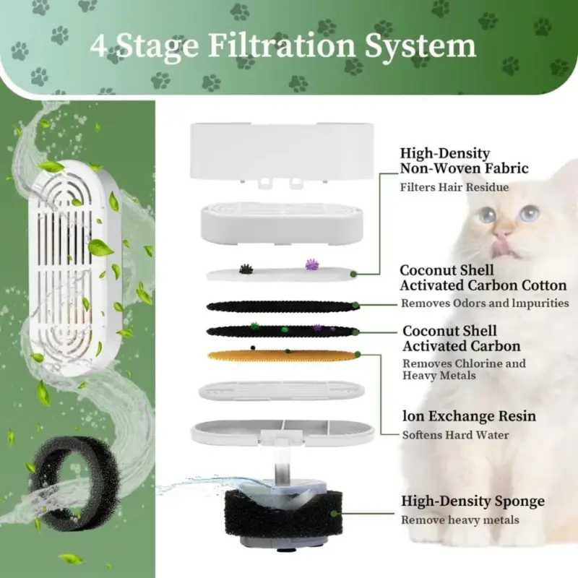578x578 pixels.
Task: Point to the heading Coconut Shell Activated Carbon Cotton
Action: tap(483, 277)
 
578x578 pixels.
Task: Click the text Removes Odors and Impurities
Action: tap(485, 303)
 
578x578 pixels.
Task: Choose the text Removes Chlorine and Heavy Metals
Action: tap(464, 369)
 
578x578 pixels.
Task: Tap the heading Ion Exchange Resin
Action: tap(469, 417)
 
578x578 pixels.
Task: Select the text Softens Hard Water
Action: tap(455, 435)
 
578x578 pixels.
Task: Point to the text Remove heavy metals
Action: tap(460, 520)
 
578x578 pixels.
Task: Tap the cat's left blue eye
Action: tap(488, 215)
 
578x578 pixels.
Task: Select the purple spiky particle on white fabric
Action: tap(312, 265)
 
